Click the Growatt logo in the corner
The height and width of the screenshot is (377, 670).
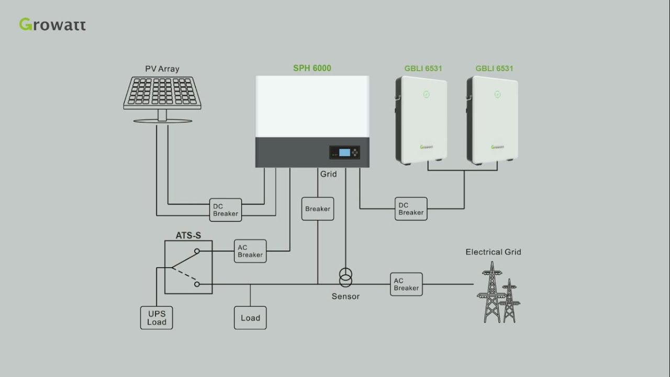pos(52,25)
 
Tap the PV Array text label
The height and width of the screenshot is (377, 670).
pos(162,69)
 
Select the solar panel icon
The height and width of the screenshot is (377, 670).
pos(162,94)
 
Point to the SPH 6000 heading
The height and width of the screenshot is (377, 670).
pos(312,68)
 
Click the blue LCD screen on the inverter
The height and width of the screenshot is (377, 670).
pos(344,152)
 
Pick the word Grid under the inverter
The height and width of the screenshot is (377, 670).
pos(328,174)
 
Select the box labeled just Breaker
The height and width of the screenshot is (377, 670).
pos(318,209)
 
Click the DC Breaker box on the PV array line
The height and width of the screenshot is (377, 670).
pos(226,210)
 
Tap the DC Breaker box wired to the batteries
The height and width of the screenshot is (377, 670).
pos(411,209)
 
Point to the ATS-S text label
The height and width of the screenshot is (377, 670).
pos(188,236)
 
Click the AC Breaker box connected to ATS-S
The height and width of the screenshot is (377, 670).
pos(250,251)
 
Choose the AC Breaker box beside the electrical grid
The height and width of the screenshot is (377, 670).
pos(406,284)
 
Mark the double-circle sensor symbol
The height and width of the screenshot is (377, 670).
pos(345,278)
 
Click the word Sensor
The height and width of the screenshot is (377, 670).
pos(345,296)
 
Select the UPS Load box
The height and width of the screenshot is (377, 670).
pos(157,318)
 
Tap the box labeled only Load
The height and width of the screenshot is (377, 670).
pos(250,318)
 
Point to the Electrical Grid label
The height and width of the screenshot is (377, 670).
pos(493,252)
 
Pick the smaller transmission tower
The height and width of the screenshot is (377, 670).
pos(509,301)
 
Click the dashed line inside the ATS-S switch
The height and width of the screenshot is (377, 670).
pos(184,275)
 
